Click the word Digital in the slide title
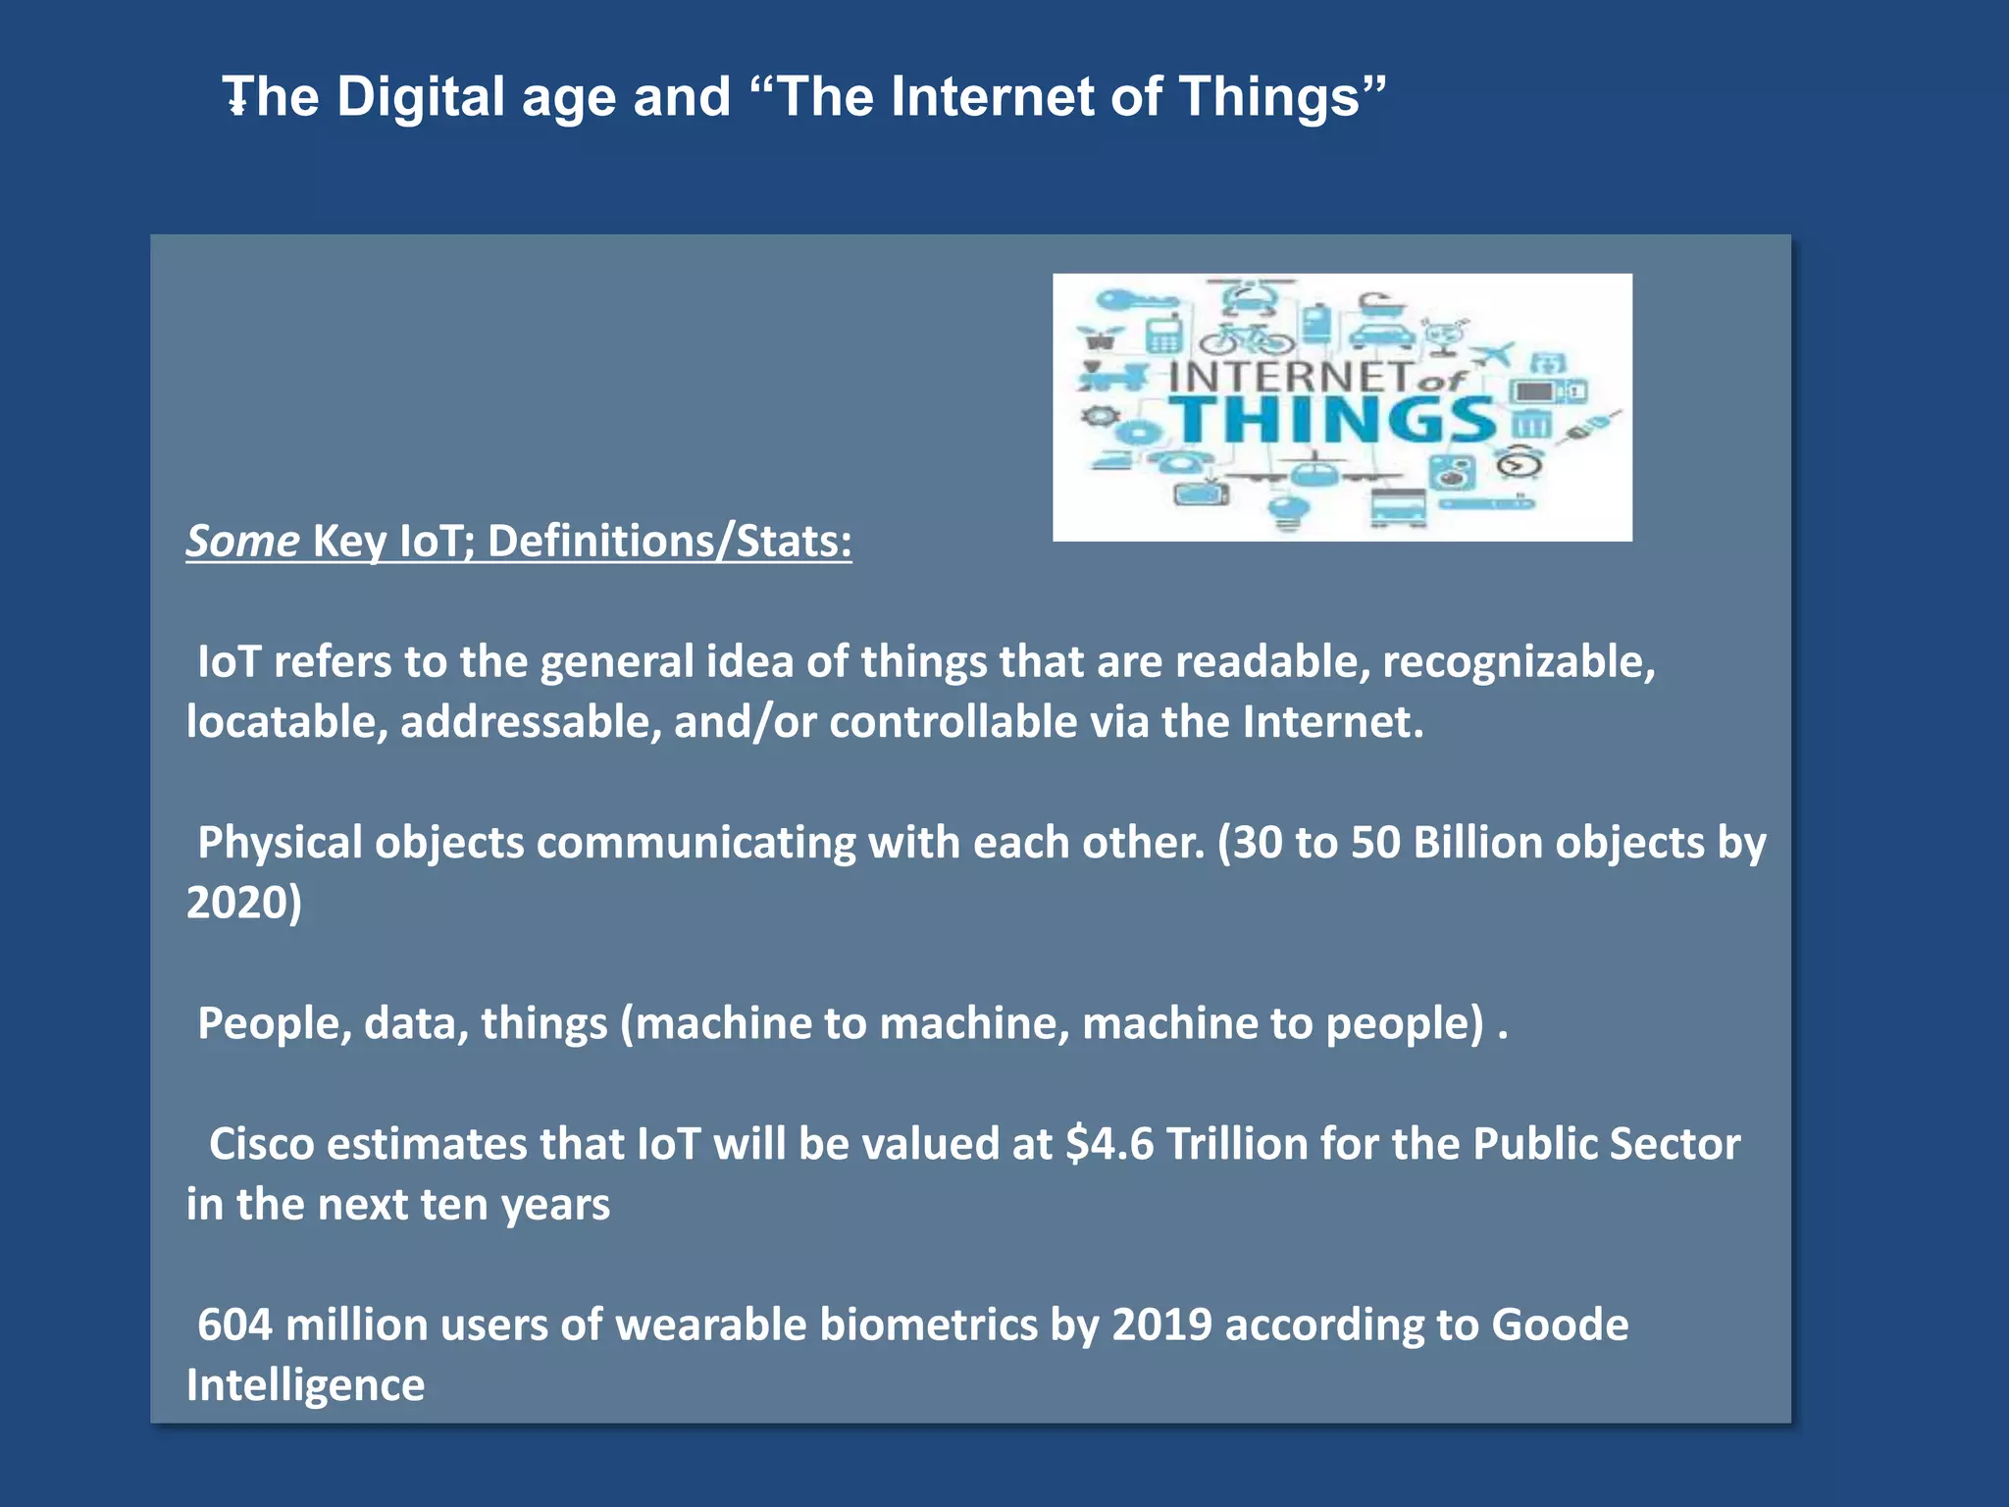coord(420,97)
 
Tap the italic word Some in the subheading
coord(242,542)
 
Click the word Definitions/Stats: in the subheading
coord(669,542)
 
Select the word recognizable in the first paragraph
coord(1518,662)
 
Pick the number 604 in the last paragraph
coord(234,1325)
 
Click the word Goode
coord(1560,1325)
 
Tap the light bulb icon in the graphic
coord(1288,509)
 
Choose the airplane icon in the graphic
coord(1494,353)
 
